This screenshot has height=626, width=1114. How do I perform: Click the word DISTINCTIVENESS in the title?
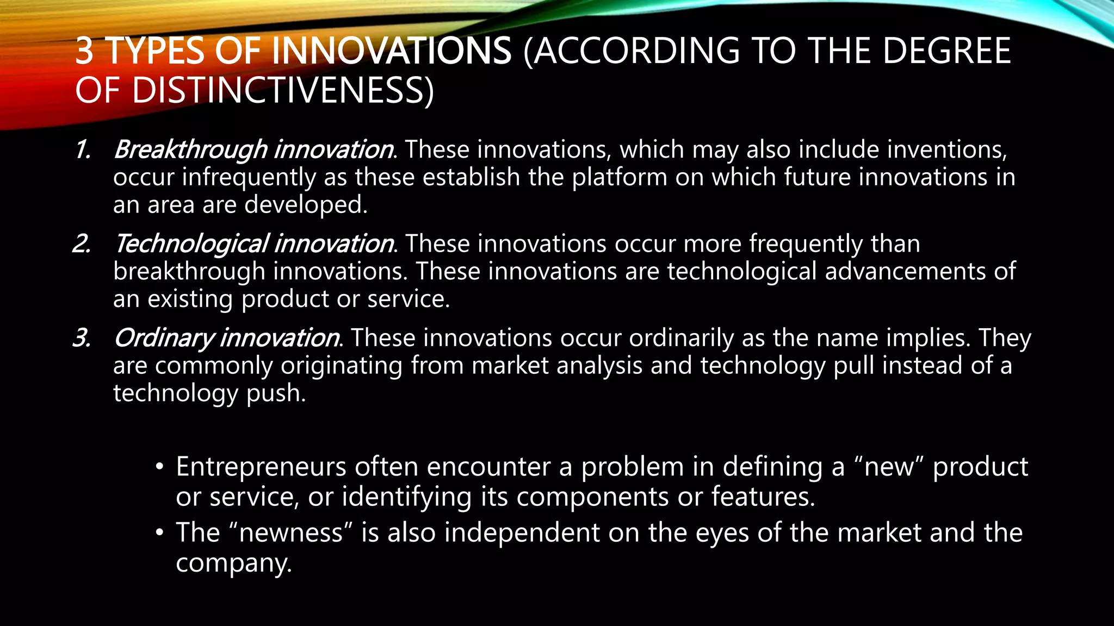[277, 90]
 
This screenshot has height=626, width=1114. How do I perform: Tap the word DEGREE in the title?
[946, 51]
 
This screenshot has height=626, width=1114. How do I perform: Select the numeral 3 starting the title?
[84, 51]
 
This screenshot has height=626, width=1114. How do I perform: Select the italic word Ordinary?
[164, 338]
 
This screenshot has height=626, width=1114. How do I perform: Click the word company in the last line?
[234, 563]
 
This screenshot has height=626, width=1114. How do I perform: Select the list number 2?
[82, 243]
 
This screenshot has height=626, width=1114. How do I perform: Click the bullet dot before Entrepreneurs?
[159, 467]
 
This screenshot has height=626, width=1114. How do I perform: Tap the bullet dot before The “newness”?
[159, 533]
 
